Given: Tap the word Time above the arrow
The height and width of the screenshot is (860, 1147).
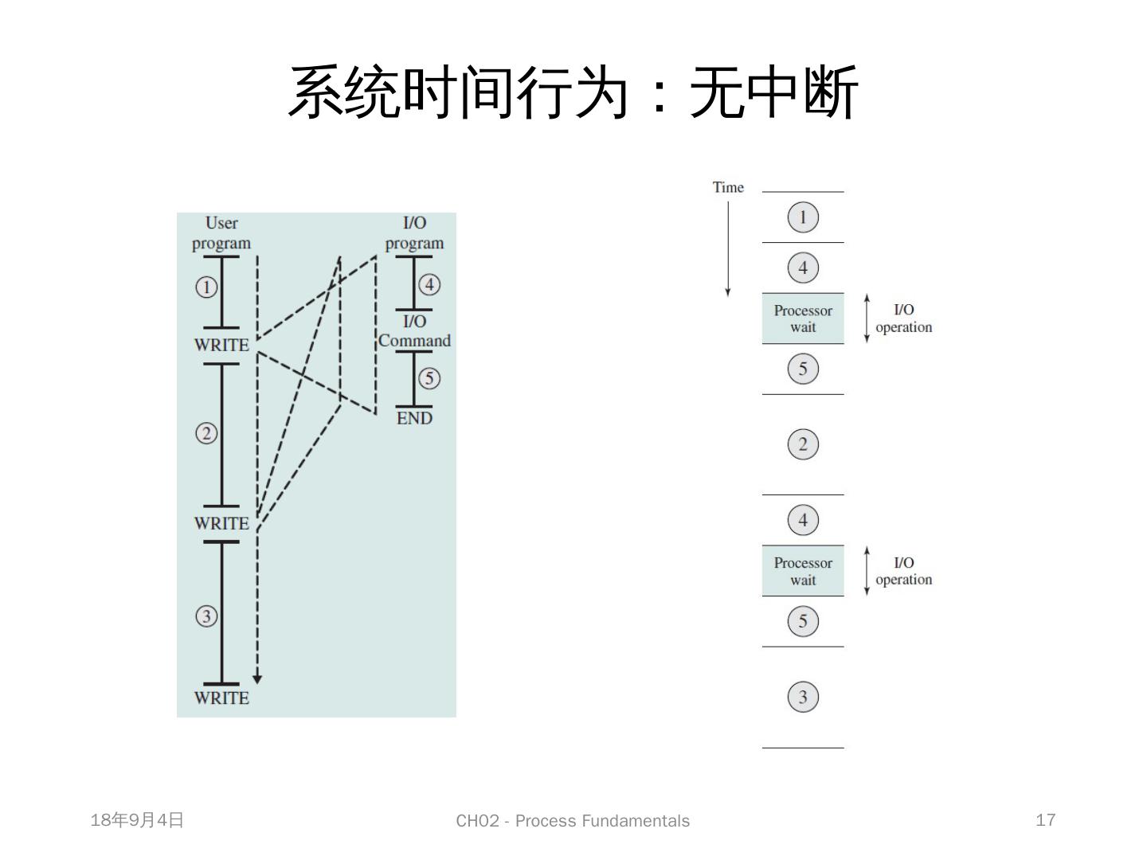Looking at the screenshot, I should point(728,187).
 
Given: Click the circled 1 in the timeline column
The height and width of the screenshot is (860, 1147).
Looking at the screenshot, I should point(803,217).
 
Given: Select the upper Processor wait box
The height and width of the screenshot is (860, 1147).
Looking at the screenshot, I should point(803,319).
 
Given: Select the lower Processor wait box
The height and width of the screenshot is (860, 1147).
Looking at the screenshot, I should point(803,571).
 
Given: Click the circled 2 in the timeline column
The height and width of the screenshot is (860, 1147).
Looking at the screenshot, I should point(803,444).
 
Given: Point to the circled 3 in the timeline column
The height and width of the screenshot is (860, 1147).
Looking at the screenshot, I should point(803,698).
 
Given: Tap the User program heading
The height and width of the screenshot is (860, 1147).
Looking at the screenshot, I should point(221,233).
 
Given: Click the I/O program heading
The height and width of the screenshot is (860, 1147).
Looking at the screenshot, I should point(414,233).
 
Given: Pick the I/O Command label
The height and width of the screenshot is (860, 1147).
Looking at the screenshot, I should point(414,331).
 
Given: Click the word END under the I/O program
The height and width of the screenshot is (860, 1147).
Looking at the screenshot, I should point(414,418).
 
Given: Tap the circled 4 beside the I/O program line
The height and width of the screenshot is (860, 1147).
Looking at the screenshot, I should point(429,284).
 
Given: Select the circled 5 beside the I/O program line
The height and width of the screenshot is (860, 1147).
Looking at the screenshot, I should point(429,378).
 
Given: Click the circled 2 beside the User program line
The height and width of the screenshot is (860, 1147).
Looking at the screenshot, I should point(206,433).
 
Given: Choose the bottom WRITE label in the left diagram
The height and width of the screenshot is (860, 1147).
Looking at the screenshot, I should point(221,698).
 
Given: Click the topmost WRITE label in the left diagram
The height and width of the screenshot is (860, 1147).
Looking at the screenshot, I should point(221,345).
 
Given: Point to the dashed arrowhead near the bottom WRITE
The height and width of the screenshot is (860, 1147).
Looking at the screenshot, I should point(256,679).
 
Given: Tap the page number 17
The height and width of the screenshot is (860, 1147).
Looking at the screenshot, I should point(1045,820).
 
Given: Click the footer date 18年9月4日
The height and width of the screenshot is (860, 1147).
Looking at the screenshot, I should point(137,820).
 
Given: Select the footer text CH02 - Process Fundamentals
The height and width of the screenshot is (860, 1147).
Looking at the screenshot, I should point(573,821).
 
